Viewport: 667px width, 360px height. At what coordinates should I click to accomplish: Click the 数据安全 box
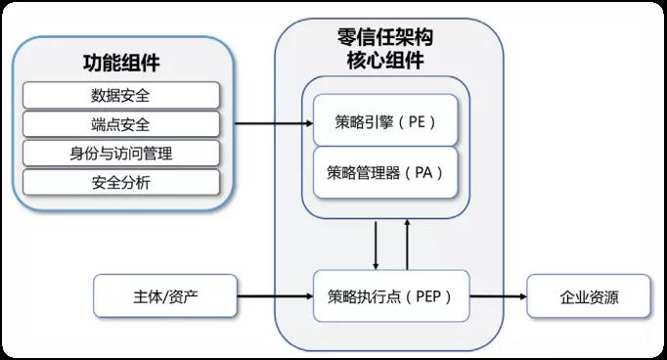pyautogui.click(x=120, y=96)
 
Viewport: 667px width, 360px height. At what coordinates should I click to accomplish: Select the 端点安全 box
pyautogui.click(x=120, y=124)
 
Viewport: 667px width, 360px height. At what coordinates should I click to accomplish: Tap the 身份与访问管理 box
pyautogui.click(x=120, y=153)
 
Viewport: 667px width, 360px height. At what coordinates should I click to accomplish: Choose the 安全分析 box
pyautogui.click(x=120, y=181)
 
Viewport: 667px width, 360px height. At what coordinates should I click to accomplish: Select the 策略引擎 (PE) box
pyautogui.click(x=385, y=122)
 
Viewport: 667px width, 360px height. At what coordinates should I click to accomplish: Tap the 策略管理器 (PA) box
pyautogui.click(x=385, y=172)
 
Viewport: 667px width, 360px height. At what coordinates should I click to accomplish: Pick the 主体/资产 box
pyautogui.click(x=165, y=295)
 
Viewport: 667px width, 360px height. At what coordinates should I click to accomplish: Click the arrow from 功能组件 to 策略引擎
pyautogui.click(x=273, y=123)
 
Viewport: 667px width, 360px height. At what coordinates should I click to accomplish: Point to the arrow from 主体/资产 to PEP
pyautogui.click(x=275, y=295)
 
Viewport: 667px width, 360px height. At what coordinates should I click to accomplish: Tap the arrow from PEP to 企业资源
pyautogui.click(x=498, y=295)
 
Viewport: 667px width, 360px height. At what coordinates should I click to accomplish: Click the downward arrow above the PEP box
pyautogui.click(x=377, y=245)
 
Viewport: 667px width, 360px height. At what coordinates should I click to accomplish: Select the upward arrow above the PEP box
pyautogui.click(x=408, y=245)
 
